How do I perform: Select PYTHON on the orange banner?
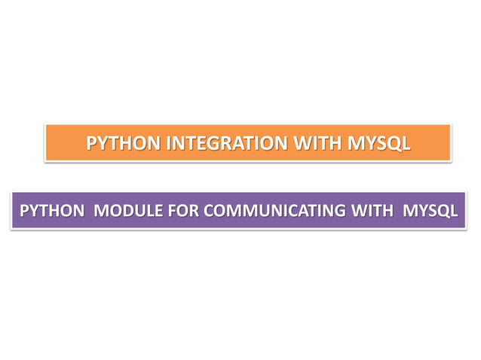(x=124, y=142)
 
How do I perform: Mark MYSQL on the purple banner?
(x=430, y=210)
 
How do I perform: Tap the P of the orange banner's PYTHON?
(x=92, y=142)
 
